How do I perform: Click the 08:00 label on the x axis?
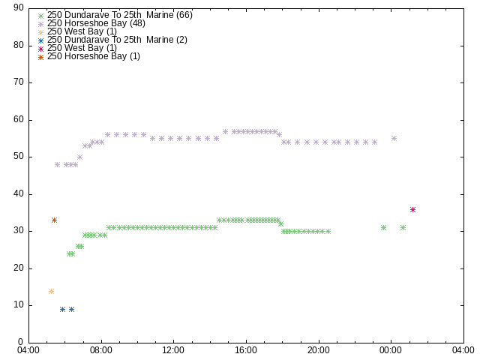(x=100, y=350)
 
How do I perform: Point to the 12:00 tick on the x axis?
(x=173, y=350)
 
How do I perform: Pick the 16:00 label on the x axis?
(x=246, y=350)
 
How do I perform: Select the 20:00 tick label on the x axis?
(x=319, y=350)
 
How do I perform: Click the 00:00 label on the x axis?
(x=391, y=350)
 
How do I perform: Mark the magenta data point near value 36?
(x=412, y=209)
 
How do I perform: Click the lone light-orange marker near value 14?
(x=51, y=291)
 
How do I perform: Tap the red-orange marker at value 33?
(x=54, y=220)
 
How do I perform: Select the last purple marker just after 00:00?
(x=394, y=138)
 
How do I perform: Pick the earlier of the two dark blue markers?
(x=62, y=309)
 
